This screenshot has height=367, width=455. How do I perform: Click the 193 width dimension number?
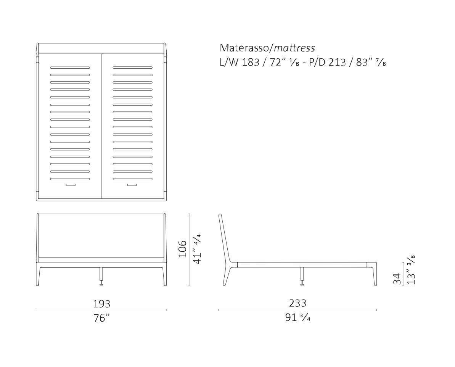pyautogui.click(x=101, y=304)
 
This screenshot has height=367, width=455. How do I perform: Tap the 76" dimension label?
pyautogui.click(x=101, y=318)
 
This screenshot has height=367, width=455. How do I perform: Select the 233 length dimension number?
pyautogui.click(x=297, y=303)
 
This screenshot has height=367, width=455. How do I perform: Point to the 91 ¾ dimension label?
pyautogui.click(x=298, y=317)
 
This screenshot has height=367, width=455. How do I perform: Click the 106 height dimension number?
pyautogui.click(x=183, y=248)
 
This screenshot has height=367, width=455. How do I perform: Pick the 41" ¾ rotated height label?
pyautogui.click(x=197, y=249)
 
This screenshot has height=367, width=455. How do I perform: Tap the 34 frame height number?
pyautogui.click(x=397, y=279)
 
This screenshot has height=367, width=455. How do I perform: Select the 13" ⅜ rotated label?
pyautogui.click(x=411, y=270)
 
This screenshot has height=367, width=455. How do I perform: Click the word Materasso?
pyautogui.click(x=244, y=48)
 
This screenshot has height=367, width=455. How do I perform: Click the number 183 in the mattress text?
pyautogui.click(x=251, y=62)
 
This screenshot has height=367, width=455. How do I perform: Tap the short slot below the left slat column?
pyautogui.click(x=71, y=185)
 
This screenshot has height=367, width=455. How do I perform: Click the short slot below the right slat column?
pyautogui.click(x=132, y=185)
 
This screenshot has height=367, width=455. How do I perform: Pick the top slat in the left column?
pyautogui.click(x=70, y=68)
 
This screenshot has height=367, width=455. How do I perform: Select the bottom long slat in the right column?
pyautogui.click(x=133, y=179)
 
